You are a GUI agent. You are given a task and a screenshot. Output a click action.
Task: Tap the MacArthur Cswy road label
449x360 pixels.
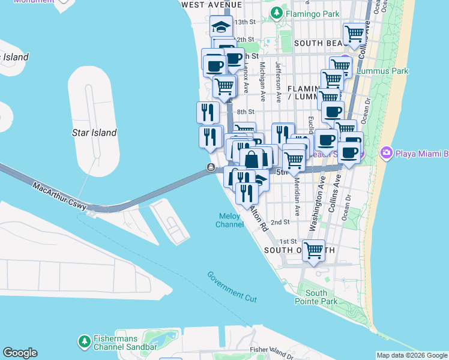(x=59, y=197)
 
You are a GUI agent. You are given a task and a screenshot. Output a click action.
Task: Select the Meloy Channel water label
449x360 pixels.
(x=228, y=220)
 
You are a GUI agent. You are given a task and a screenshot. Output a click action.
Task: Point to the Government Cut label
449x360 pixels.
(x=232, y=286)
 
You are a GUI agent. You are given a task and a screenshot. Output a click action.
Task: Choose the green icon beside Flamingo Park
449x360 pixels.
(x=276, y=12)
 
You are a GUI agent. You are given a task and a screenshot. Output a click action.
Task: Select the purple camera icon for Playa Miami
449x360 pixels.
(x=385, y=154)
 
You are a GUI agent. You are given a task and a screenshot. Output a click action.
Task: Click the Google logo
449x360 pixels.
(x=20, y=353)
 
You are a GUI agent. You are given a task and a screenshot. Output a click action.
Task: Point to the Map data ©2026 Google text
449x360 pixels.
(x=412, y=355)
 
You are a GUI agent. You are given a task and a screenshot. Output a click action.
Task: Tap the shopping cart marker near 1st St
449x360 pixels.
(x=314, y=251)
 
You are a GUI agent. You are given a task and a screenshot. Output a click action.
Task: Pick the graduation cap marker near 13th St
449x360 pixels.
(x=221, y=26)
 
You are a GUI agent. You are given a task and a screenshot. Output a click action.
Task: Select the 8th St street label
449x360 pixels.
(x=246, y=112)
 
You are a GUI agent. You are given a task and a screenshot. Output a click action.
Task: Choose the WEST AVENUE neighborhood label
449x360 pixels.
(x=211, y=4)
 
